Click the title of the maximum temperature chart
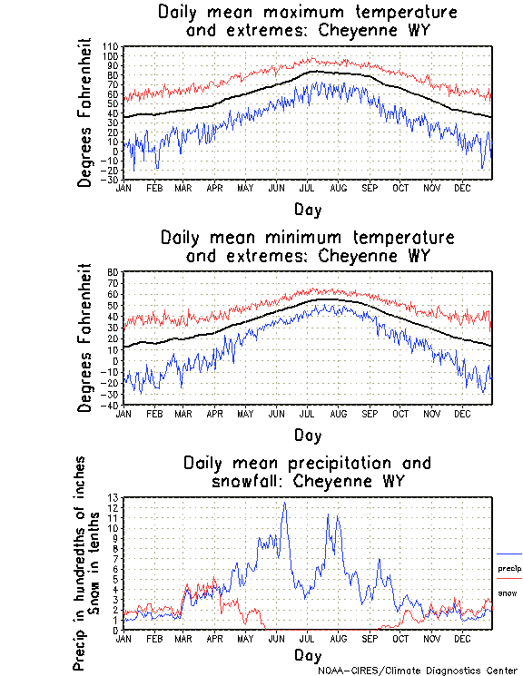pyautogui.click(x=307, y=22)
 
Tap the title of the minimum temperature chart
pyautogui.click(x=307, y=247)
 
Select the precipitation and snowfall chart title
pyautogui.click(x=307, y=471)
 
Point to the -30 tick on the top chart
pyautogui.click(x=110, y=180)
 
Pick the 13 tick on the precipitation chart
pyautogui.click(x=113, y=497)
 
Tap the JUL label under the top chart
pyautogui.click(x=307, y=188)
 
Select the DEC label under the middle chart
pyautogui.click(x=461, y=413)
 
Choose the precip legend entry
pyautogui.click(x=509, y=569)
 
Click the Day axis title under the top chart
pyautogui.click(x=307, y=210)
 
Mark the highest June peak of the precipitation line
pyautogui.click(x=285, y=503)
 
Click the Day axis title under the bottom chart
pyautogui.click(x=307, y=655)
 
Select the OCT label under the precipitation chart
pyautogui.click(x=400, y=638)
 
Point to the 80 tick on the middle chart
pyautogui.click(x=113, y=271)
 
